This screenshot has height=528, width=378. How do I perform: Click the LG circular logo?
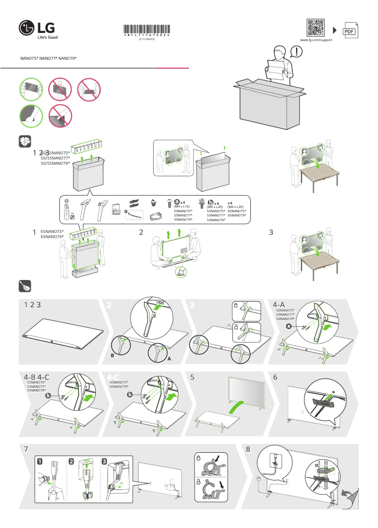pos(27,28)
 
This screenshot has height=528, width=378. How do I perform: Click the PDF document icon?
pos(349,31)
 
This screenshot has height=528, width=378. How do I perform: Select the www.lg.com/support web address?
pos(316,40)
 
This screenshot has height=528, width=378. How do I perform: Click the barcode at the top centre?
pos(147,29)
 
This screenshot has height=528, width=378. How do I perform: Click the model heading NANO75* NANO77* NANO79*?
pos(48,58)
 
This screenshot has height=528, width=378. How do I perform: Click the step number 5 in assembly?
pos(192,377)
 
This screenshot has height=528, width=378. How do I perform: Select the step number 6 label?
pos(275,377)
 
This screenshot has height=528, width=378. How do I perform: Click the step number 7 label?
pos(26,449)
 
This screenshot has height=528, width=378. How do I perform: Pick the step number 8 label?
pos(248,449)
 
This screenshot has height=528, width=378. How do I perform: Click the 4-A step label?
pos(279,305)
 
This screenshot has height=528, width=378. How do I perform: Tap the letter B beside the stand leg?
pos(112,356)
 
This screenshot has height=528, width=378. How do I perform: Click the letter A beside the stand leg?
pos(168,359)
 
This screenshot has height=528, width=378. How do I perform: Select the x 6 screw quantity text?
pos(230,202)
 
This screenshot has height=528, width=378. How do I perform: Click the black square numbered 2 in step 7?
pos(72,462)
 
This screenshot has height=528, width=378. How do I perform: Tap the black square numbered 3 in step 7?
pos(104,462)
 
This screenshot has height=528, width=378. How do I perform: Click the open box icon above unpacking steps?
pos(25,140)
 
